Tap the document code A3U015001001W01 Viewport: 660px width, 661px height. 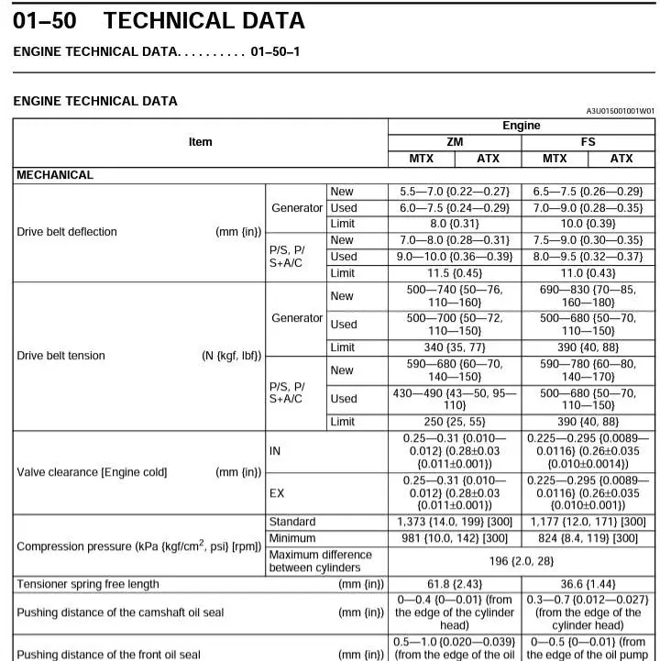tap(620, 111)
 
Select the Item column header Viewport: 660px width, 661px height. tap(200, 142)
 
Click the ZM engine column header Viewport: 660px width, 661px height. tap(455, 142)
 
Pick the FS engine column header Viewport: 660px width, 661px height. tap(588, 142)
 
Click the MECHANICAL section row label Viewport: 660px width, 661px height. tap(55, 175)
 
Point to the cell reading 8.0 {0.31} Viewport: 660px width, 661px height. tap(454, 224)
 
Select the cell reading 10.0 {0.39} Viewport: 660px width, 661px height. tap(588, 224)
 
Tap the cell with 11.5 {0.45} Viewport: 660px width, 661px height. tap(454, 273)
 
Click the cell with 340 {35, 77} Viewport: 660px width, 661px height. tap(454, 347)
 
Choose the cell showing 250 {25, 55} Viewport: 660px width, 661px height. tap(454, 422)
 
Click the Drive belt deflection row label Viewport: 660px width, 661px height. tap(67, 232)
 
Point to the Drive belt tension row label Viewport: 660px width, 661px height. tap(60, 356)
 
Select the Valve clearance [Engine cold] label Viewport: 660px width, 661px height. tap(92, 472)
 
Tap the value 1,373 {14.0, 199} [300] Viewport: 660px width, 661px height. tap(454, 522)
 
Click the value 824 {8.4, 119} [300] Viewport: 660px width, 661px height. tap(588, 538)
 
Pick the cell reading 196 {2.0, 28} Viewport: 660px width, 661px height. tap(521, 561)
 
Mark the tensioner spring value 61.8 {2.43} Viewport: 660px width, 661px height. tap(454, 584)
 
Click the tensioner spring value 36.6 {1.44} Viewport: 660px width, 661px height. tap(588, 584)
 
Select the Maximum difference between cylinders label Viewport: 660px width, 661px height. tap(320, 561)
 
